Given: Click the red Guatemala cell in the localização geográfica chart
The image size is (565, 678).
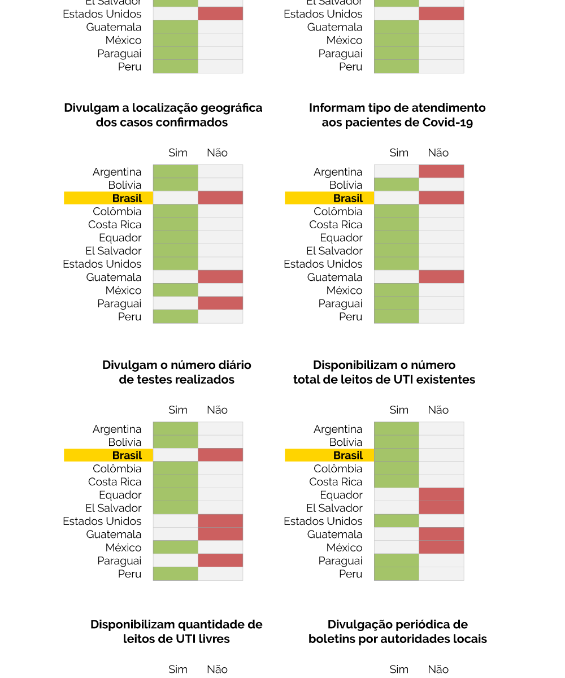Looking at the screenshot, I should [x=220, y=277].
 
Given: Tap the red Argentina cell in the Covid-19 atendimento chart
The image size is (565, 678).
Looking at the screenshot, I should [x=441, y=171].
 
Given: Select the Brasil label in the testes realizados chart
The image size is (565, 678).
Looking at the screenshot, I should [x=127, y=455].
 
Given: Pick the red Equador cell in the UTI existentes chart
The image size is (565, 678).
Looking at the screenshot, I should [x=441, y=495].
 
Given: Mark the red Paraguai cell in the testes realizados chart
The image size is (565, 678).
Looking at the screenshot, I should [x=220, y=560].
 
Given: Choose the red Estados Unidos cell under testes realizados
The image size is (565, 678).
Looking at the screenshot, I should [x=220, y=521].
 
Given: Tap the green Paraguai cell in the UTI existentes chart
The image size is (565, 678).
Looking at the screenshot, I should [x=397, y=560].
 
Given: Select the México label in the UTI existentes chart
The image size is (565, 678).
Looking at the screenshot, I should [x=344, y=547].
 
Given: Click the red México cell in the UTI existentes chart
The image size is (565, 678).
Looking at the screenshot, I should [x=441, y=547].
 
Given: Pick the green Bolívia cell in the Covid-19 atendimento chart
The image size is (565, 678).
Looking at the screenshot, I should [x=397, y=185].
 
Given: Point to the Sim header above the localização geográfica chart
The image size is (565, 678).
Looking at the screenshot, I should [x=178, y=153].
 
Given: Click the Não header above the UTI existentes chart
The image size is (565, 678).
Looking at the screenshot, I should [x=438, y=410].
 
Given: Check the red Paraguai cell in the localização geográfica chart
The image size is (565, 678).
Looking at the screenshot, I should [x=220, y=303].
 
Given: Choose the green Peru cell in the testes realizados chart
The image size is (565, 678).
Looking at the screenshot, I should [x=176, y=573].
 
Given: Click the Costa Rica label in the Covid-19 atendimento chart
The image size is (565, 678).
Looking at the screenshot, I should [x=336, y=224].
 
